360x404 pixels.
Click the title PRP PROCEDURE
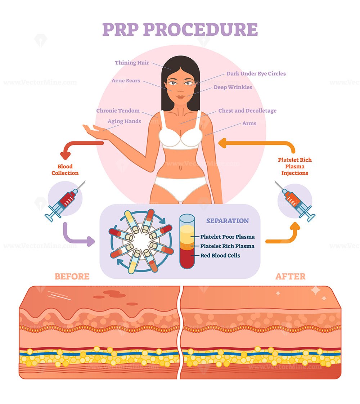(x=180, y=30)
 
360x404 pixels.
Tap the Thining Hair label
(x=132, y=63)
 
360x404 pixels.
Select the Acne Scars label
(x=126, y=81)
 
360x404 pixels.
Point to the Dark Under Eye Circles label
(x=256, y=74)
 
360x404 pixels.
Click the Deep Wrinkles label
(x=233, y=87)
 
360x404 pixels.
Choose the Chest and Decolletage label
(x=247, y=111)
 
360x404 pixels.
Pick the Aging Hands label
(x=124, y=121)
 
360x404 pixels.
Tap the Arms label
(x=249, y=124)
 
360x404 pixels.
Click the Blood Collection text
(x=65, y=170)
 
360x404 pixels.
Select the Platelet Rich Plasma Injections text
(x=295, y=166)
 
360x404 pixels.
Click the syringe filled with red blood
(x=65, y=201)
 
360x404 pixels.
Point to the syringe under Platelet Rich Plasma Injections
(x=295, y=201)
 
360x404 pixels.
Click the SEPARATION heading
(x=228, y=221)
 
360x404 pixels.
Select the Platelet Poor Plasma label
(x=228, y=237)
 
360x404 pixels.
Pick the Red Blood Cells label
(x=220, y=256)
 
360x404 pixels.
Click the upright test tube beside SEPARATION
(x=187, y=241)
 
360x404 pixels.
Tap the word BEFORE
(x=72, y=277)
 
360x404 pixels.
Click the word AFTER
(x=291, y=277)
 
